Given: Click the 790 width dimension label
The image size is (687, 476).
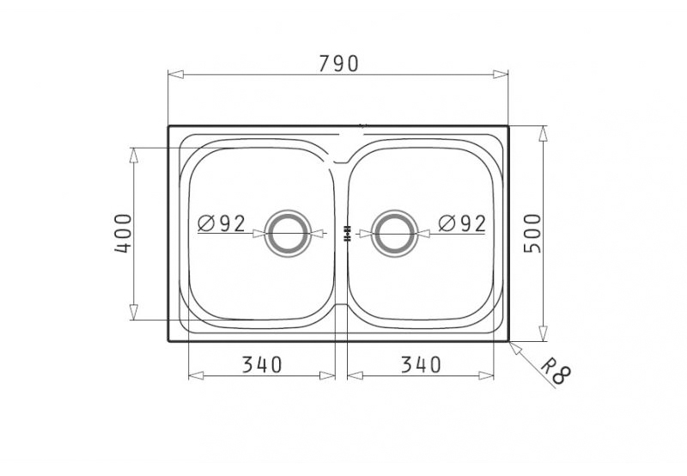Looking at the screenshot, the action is click(x=338, y=64).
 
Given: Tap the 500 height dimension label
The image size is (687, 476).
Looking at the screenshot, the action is click(x=532, y=233).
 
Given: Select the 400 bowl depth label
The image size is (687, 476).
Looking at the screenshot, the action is click(x=123, y=233).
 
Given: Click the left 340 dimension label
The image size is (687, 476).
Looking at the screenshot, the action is click(x=262, y=364).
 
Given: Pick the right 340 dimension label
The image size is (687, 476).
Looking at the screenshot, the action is click(x=421, y=364).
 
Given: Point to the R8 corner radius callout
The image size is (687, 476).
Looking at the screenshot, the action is click(x=555, y=371).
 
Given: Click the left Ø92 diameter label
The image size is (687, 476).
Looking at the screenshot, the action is click(x=222, y=223).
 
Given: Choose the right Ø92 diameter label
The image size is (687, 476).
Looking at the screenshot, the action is click(x=462, y=223).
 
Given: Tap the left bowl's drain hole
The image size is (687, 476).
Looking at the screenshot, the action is click(x=289, y=233).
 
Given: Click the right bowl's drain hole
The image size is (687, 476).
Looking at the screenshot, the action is click(x=394, y=233).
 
